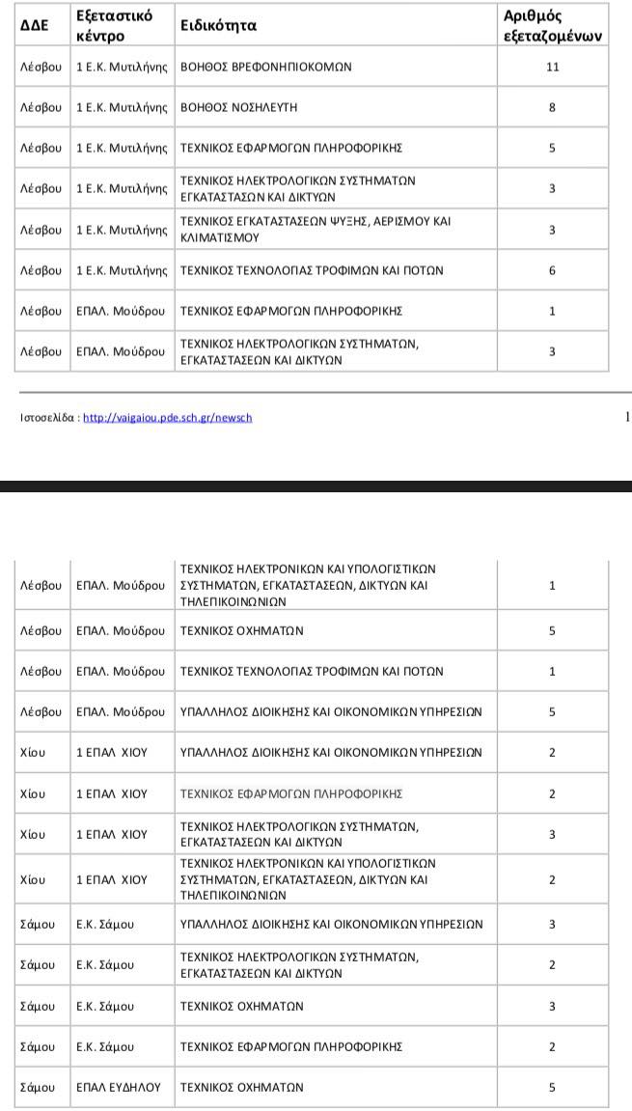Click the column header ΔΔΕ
coord(35,26)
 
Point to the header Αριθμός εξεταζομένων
coord(553,26)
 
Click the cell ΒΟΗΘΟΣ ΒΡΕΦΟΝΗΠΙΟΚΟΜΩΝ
coord(266,68)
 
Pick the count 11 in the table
coord(552,68)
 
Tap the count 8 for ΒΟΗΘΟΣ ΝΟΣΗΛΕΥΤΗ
coord(552,107)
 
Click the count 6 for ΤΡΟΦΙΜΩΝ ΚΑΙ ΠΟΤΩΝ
coord(552,271)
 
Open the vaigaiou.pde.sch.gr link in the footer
coord(168,418)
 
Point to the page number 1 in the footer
coord(627,417)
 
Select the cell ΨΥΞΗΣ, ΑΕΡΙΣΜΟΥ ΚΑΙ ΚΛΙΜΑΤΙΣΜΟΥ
coord(316,229)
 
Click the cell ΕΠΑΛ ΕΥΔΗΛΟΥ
coord(113,1087)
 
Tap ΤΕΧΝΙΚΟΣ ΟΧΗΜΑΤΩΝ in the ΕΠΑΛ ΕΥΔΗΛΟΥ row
coord(242,1087)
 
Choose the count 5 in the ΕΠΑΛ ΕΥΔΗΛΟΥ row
coord(552,1087)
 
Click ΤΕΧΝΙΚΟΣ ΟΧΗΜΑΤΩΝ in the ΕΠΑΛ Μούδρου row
coord(242,631)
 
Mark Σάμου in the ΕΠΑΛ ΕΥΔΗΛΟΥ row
coord(38,1087)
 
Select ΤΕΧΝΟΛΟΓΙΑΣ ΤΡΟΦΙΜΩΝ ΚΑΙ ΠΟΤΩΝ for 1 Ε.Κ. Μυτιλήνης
coord(312,271)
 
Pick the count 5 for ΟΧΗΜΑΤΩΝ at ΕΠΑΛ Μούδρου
coord(552,631)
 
